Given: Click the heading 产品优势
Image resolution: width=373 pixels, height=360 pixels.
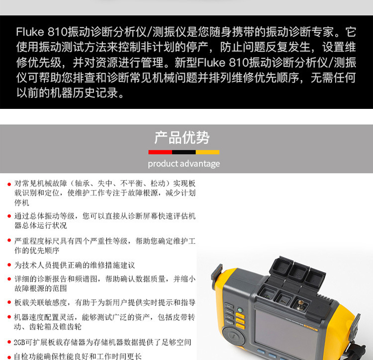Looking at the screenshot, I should pos(182,138).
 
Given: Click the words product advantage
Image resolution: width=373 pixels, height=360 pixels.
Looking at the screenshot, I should pos(184,164).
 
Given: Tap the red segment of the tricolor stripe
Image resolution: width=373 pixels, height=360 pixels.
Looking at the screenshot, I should pos(160,152).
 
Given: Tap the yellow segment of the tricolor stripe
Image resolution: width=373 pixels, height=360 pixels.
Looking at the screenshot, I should pos(207,152).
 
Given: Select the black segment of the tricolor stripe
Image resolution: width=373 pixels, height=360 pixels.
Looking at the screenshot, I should pos(184,152).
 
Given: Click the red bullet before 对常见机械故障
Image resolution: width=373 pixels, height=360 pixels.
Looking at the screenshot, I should pos(9,184).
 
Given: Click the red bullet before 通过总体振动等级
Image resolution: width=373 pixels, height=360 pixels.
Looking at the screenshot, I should pos(9,216).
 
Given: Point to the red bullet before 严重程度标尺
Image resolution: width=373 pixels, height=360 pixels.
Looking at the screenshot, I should pos(9,241).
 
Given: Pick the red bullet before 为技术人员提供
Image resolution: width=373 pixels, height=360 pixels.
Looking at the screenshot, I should pos(9,266).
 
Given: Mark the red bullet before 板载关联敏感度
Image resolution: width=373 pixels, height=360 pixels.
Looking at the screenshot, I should pos(9,302).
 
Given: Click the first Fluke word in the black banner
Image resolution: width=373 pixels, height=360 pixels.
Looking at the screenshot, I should pos(30,32).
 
